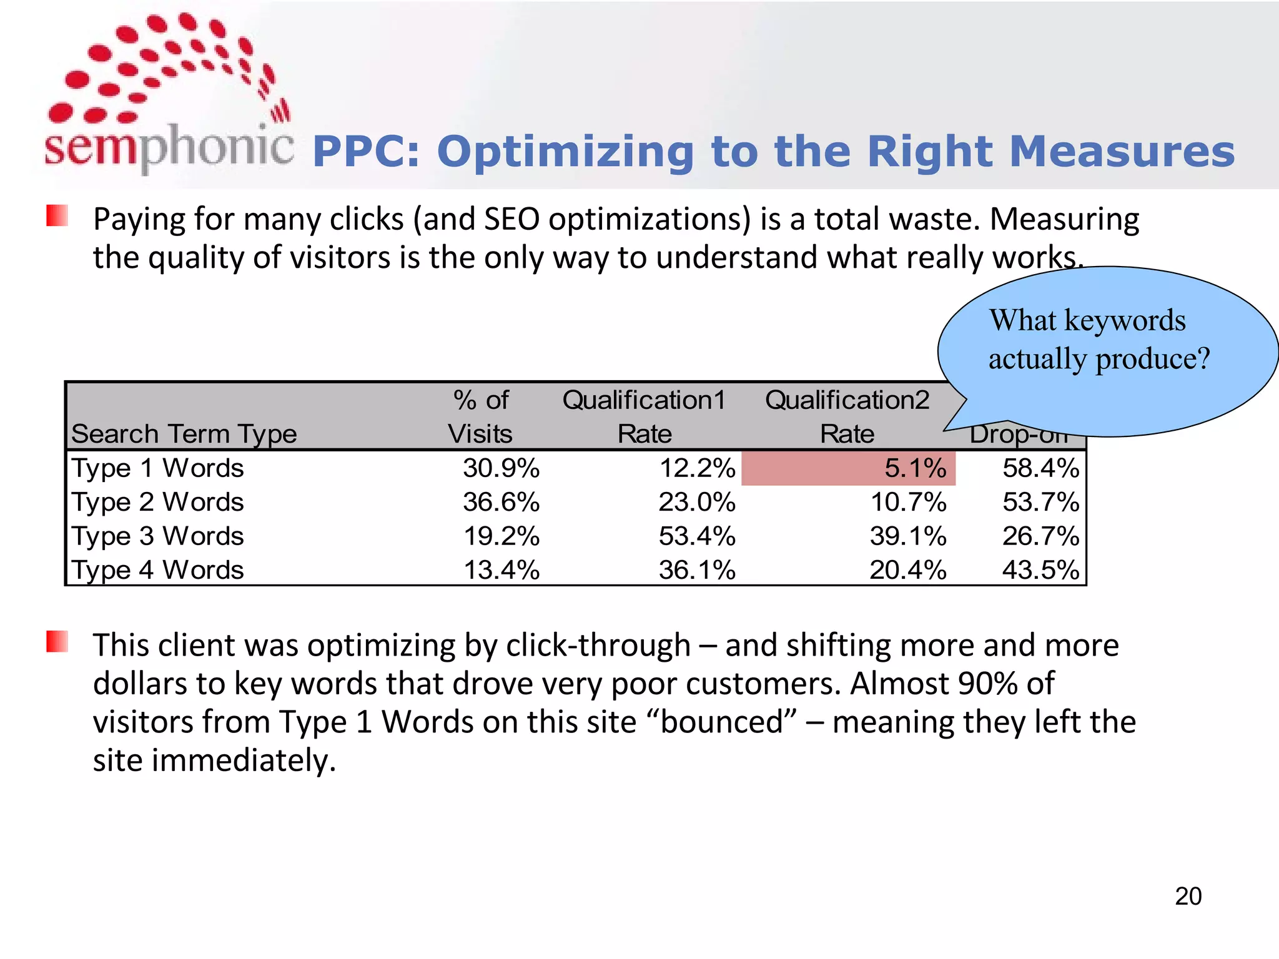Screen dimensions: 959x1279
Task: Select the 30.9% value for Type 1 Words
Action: tap(501, 468)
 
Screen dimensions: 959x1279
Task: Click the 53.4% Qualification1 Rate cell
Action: tap(697, 536)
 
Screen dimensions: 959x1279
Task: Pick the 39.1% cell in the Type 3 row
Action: tap(908, 536)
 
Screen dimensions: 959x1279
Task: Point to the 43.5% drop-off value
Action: tap(1040, 570)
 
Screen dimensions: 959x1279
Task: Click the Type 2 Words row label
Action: tap(157, 502)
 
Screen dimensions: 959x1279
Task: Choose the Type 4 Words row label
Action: tap(157, 570)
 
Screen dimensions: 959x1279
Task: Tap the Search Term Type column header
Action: tap(184, 434)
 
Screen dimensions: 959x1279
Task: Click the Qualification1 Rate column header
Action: tap(644, 416)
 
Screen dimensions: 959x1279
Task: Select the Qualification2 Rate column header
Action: tap(847, 416)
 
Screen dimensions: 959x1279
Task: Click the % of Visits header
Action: tap(480, 416)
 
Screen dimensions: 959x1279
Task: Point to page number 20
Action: tap(1188, 896)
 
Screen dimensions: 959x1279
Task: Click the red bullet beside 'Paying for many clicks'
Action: tap(57, 216)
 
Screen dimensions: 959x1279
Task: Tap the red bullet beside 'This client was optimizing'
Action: tap(57, 642)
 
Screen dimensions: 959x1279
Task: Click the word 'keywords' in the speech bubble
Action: tap(1124, 321)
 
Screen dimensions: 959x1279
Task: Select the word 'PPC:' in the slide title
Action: tap(365, 152)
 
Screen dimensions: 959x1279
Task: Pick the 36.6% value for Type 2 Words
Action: tap(501, 502)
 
